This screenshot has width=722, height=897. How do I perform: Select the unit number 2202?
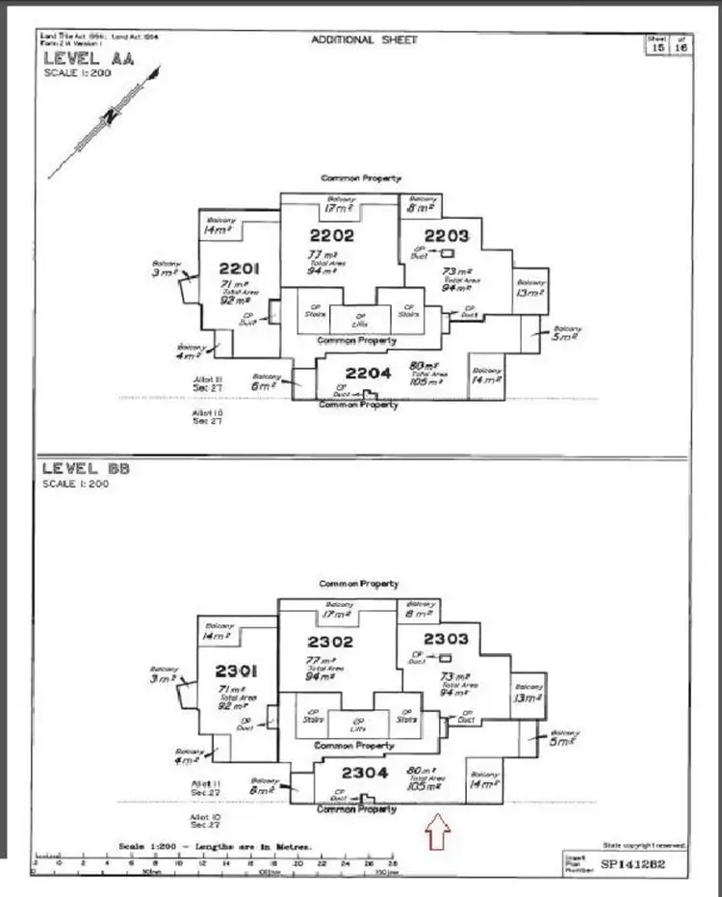tap(331, 235)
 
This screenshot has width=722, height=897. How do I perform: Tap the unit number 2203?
tap(447, 235)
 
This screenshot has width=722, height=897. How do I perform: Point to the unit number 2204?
tap(368, 374)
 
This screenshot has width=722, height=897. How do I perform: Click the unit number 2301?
tap(236, 671)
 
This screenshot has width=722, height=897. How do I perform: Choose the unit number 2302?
tap(330, 641)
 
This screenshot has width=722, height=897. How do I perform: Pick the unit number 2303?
tap(445, 639)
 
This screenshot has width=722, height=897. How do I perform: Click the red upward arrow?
tap(437, 831)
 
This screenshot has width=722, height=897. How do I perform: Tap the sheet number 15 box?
tap(658, 47)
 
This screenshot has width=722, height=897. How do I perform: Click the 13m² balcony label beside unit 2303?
tap(529, 293)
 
